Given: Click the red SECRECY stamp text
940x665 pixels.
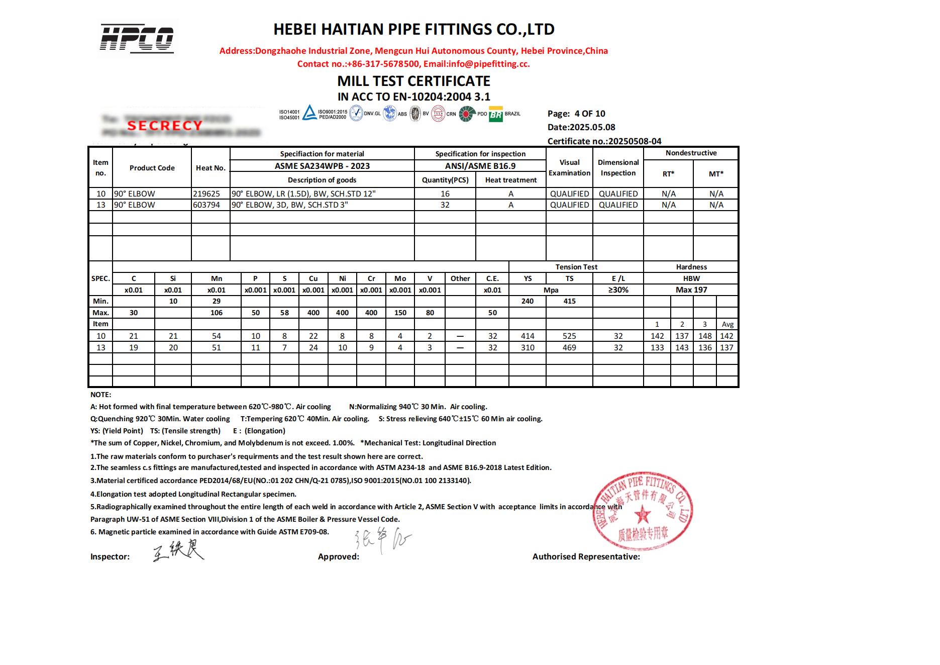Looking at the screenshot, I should (x=164, y=125).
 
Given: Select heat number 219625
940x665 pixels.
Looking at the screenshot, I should (x=206, y=194).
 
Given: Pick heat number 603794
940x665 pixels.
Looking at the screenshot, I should (x=206, y=205).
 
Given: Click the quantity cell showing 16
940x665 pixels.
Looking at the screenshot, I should (x=445, y=194).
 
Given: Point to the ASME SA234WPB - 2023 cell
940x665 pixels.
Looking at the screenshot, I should (x=322, y=166).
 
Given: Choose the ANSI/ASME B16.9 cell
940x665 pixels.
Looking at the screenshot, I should (x=480, y=166).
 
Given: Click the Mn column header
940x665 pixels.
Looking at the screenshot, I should (x=216, y=278).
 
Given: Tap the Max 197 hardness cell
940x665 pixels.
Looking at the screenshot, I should (x=691, y=290).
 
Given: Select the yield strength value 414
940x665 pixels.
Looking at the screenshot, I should (x=528, y=336).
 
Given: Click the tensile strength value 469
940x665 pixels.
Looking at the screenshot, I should (x=569, y=347).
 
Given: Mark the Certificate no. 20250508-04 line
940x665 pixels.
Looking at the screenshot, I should (x=604, y=141).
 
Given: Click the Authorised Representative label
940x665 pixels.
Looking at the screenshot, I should (x=586, y=556).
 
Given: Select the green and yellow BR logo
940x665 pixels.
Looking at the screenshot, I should (x=496, y=115).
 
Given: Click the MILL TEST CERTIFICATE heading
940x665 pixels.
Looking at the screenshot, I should (x=413, y=81).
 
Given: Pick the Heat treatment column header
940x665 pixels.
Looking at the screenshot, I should (x=510, y=180).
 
